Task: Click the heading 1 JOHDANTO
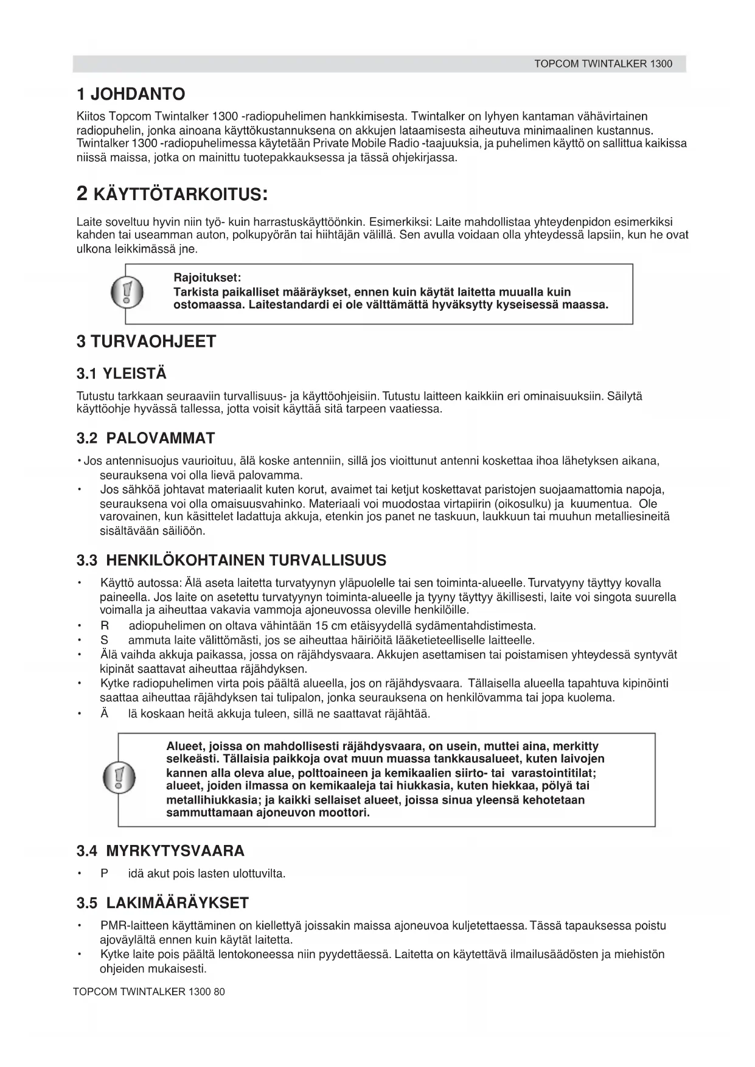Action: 131,94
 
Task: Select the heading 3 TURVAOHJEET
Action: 146,341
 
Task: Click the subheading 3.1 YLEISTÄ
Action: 121,374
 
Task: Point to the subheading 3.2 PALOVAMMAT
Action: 145,438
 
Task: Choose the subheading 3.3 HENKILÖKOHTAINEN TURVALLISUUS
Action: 231,560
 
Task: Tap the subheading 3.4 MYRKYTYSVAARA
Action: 161,850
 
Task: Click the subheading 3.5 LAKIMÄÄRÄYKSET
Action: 162,903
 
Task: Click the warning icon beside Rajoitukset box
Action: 127,293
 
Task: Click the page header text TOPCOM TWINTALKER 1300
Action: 603,64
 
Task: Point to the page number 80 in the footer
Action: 219,992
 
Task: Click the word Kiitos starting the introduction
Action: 90,116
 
